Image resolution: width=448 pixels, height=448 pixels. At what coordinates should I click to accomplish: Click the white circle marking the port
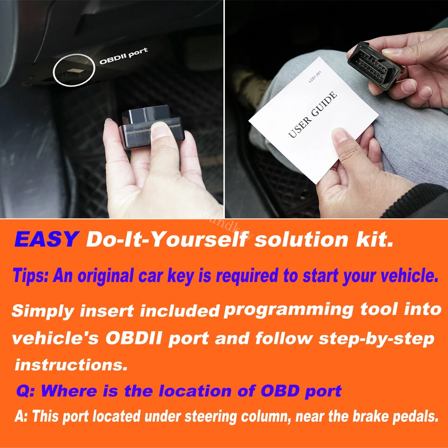pos(74,72)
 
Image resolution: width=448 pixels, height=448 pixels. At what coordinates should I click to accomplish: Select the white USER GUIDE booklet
pos(313,117)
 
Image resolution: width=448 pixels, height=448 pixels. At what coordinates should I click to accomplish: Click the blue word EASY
pos(46,239)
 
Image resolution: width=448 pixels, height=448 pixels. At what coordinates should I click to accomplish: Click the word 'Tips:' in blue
pos(30,276)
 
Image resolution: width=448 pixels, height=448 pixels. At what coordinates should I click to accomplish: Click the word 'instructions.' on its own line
pos(71,364)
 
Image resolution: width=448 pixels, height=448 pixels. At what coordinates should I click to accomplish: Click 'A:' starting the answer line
pos(21,416)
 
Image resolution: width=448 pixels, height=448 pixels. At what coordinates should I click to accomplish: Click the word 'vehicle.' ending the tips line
pos(409,276)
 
